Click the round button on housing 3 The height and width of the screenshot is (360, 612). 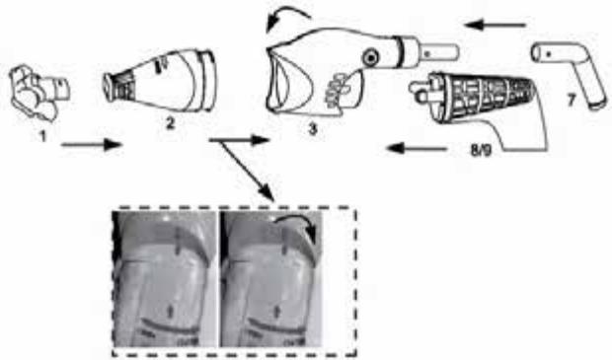click(372, 56)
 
